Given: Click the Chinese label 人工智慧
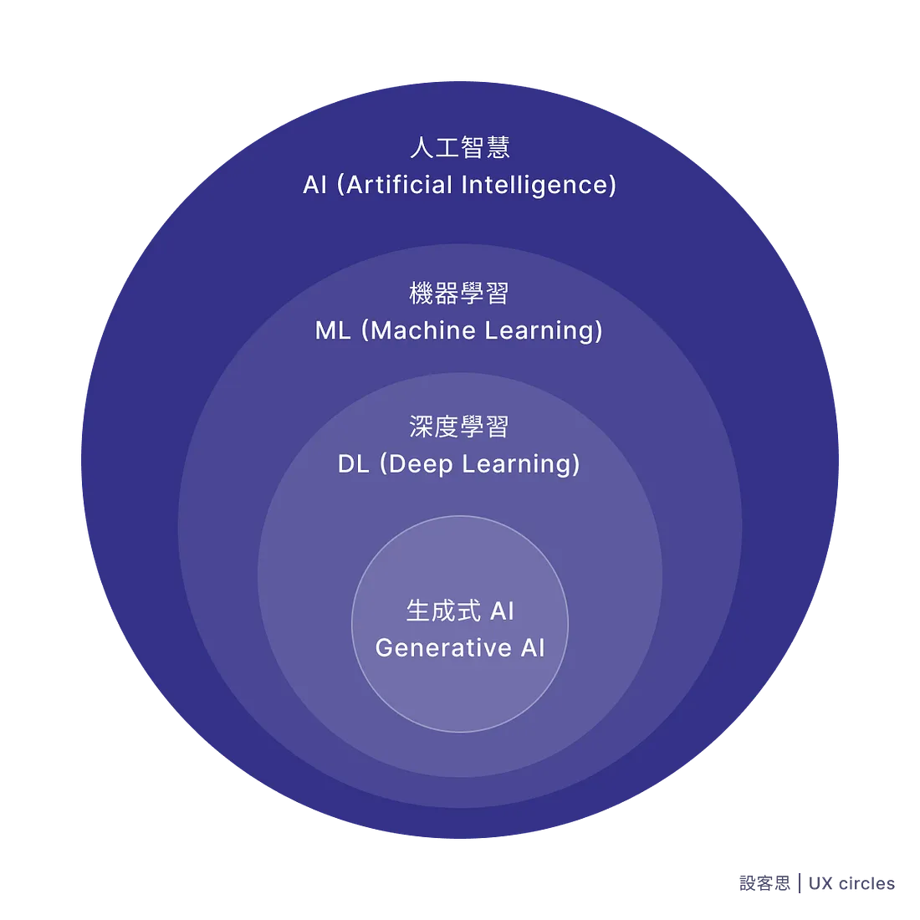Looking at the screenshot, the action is pyautogui.click(x=459, y=148).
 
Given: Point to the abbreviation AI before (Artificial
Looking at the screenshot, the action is pyautogui.click(x=314, y=185).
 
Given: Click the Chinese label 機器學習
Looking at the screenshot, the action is pyautogui.click(x=459, y=294).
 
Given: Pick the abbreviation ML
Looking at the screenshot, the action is pyautogui.click(x=333, y=330).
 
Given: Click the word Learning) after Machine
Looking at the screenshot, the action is pyautogui.click(x=544, y=331).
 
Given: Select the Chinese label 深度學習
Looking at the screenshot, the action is pyautogui.click(x=459, y=427).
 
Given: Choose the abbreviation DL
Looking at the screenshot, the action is pyautogui.click(x=353, y=464).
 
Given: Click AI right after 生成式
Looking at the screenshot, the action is pyautogui.click(x=502, y=611).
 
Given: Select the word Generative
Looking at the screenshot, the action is pyautogui.click(x=443, y=648).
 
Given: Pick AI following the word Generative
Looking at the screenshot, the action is pyautogui.click(x=533, y=648).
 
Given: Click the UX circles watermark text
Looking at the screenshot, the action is pyautogui.click(x=853, y=883).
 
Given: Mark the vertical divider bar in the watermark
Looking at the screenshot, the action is pyautogui.click(x=801, y=883).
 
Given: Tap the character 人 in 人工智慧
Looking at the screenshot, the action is pyautogui.click(x=422, y=148).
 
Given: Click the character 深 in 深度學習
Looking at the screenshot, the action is pyautogui.click(x=422, y=427).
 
